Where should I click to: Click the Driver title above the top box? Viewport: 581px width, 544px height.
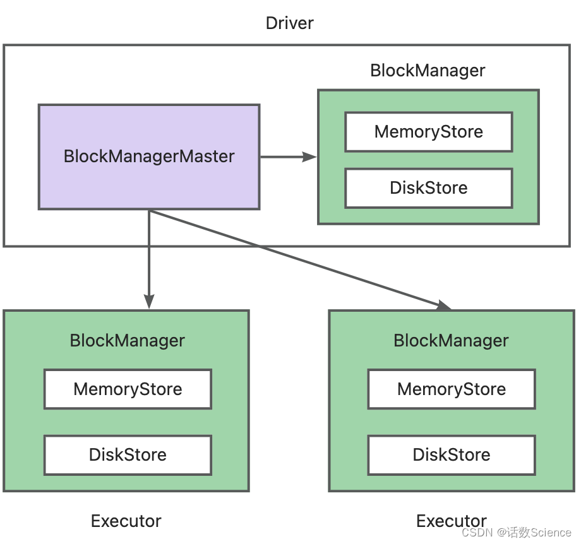[x=289, y=23]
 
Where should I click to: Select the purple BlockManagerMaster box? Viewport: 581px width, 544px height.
[x=149, y=157]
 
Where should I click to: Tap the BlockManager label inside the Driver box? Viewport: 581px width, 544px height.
[x=428, y=70]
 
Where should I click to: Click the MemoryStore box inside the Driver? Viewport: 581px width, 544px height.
[x=428, y=132]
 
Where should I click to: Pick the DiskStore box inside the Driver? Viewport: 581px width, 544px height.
[x=428, y=187]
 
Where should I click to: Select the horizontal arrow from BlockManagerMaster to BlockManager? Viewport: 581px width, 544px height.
[x=284, y=157]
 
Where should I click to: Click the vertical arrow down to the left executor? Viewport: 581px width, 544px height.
[x=149, y=259]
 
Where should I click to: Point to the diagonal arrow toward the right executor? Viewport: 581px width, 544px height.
[x=297, y=259]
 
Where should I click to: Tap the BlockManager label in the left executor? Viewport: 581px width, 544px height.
[x=127, y=340]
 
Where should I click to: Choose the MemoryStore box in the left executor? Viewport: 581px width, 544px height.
[x=128, y=389]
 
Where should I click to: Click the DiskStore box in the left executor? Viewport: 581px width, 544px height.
[x=128, y=454]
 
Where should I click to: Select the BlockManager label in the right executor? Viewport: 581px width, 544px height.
[x=451, y=340]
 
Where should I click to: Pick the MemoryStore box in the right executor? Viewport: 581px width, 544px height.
[x=452, y=389]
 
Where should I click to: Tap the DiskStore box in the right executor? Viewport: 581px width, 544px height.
[x=452, y=454]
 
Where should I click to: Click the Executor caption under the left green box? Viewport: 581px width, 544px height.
[x=126, y=521]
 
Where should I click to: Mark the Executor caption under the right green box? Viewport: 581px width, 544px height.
[x=451, y=521]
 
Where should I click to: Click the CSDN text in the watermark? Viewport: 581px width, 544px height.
[x=477, y=532]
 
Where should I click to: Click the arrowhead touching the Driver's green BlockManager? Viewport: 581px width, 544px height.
[x=310, y=157]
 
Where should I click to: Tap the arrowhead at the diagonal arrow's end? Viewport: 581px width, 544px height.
[x=444, y=305]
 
